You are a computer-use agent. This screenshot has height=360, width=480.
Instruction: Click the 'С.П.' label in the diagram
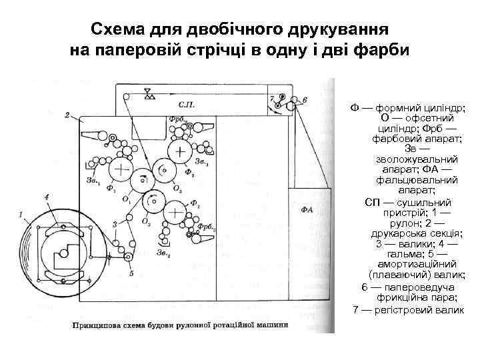pyautogui.click(x=187, y=105)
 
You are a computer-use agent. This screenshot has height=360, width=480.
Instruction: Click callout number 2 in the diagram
pyautogui.click(x=67, y=115)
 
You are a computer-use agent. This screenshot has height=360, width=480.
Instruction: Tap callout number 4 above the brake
pyautogui.click(x=47, y=197)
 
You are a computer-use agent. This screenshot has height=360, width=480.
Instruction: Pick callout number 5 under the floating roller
pyautogui.click(x=131, y=273)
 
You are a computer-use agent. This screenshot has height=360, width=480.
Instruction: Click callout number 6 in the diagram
pyautogui.click(x=304, y=100)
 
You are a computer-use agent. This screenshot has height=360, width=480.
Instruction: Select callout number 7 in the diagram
pyautogui.click(x=272, y=99)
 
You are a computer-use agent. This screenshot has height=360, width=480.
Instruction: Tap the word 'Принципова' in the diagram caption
pyautogui.click(x=97, y=326)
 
